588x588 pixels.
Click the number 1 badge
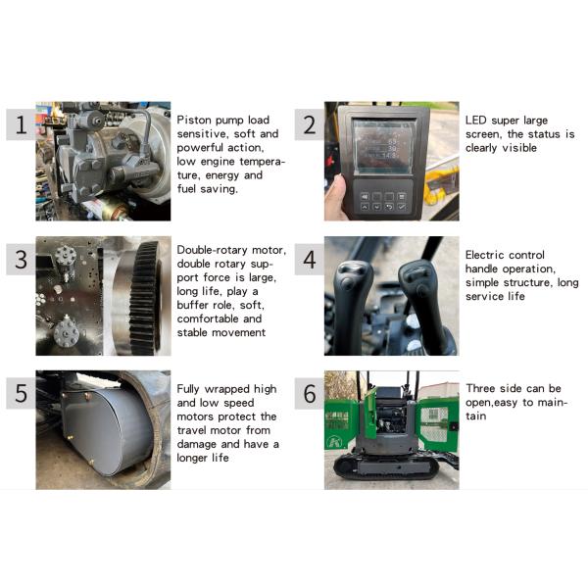click(x=21, y=124)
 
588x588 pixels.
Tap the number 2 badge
click(x=310, y=124)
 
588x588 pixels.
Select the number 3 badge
click(x=21, y=259)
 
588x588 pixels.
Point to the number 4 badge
click(x=310, y=259)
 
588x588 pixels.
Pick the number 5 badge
click(x=21, y=393)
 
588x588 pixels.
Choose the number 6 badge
click(x=310, y=393)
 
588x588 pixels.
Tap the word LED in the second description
click(x=476, y=121)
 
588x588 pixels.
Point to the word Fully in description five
click(x=188, y=389)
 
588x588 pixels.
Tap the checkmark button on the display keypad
click(x=402, y=207)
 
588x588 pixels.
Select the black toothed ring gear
click(x=145, y=298)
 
